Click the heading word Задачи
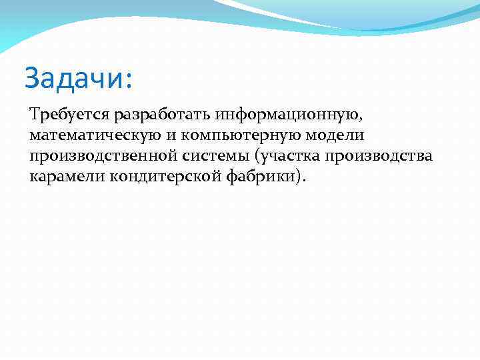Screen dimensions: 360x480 pos(73,78)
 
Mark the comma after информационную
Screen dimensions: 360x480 pos(362,119)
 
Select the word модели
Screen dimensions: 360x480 pos(337,135)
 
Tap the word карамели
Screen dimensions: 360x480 pos(62,177)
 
